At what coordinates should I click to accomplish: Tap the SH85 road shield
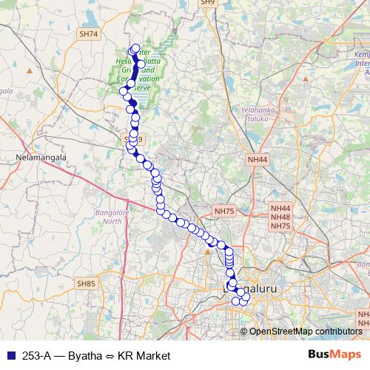point(87,283)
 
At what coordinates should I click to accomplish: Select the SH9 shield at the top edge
point(207,3)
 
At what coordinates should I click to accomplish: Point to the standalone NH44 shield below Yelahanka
point(258,159)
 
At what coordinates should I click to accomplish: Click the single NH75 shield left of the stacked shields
point(223,211)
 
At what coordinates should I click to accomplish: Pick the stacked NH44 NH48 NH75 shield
point(280,218)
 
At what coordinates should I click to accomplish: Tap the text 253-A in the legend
point(36,355)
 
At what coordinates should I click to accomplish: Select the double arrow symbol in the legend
point(108,355)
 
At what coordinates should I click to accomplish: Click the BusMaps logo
point(334,354)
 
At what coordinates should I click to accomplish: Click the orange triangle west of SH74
point(30,70)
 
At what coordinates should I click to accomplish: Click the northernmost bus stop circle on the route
point(135,49)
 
